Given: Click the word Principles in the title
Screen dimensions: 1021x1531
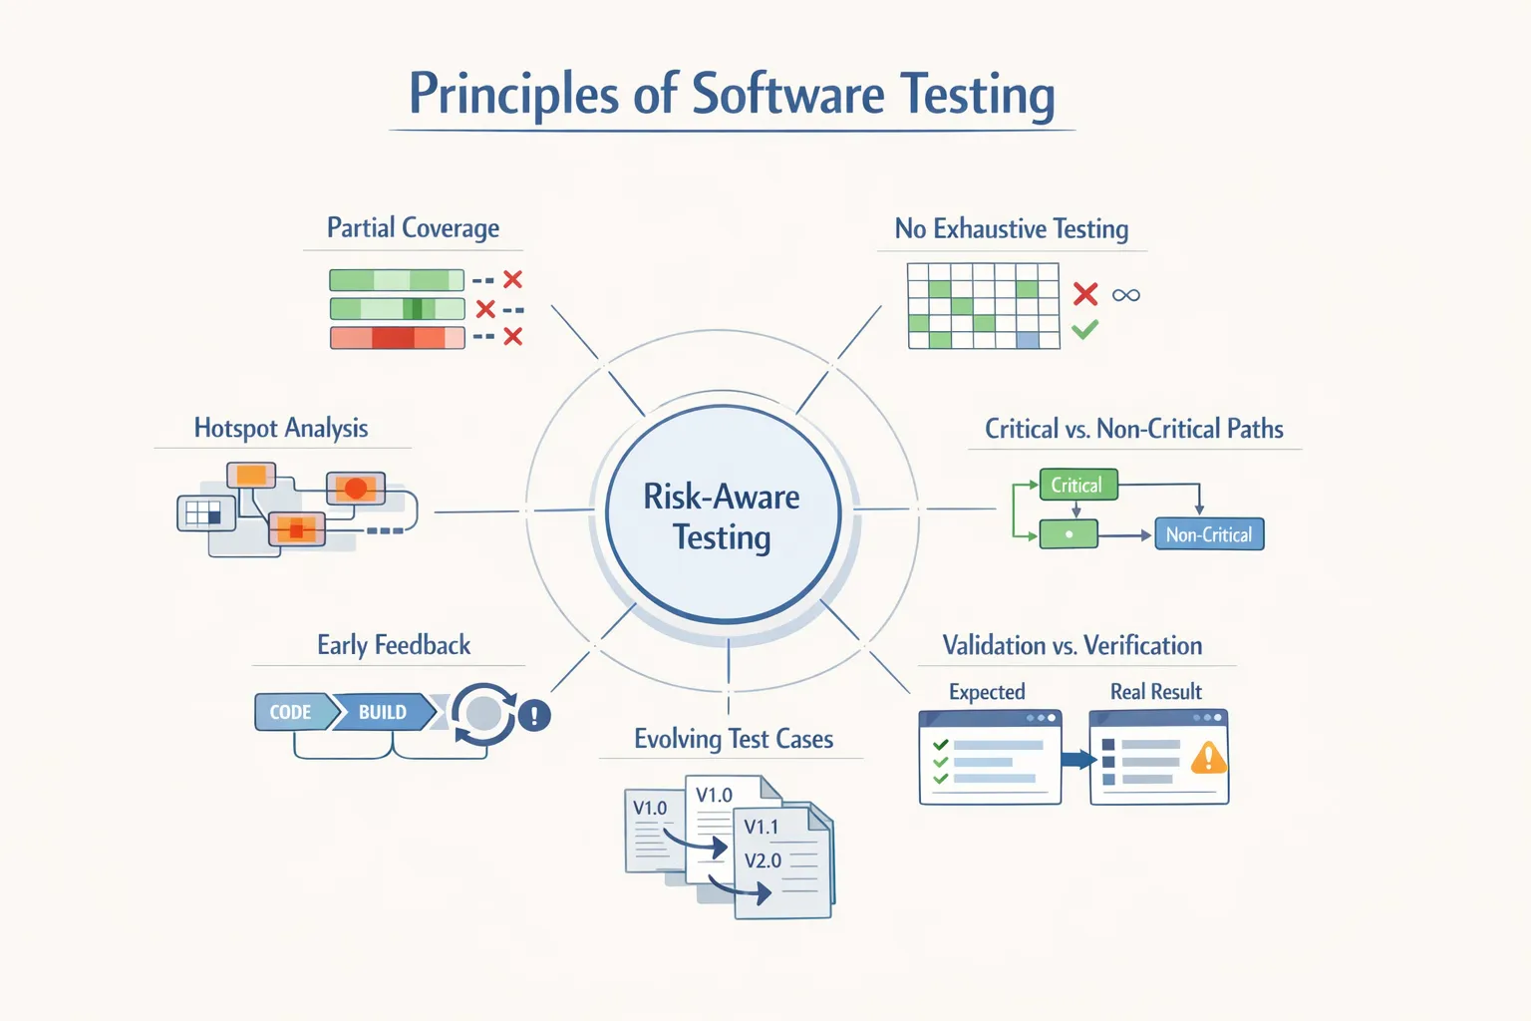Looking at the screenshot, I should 512,96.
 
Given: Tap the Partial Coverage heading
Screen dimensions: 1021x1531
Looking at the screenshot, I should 413,228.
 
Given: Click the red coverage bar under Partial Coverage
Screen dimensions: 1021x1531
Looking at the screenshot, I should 397,338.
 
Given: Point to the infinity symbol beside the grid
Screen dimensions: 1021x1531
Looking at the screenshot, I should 1125,295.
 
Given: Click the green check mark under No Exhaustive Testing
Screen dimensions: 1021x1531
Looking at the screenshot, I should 1085,329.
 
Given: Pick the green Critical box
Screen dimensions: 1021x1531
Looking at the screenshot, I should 1077,486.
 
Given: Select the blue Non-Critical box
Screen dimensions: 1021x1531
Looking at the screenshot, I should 1208,535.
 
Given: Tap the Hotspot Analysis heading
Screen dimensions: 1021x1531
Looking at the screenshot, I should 281,429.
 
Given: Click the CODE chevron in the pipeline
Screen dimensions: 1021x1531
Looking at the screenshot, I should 291,712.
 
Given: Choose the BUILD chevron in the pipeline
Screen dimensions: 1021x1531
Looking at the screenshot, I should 383,712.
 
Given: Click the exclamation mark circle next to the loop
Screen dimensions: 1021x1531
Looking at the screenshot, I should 534,715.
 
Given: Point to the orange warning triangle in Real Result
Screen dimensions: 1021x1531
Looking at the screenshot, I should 1208,759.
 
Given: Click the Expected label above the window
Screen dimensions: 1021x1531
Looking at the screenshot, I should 987,692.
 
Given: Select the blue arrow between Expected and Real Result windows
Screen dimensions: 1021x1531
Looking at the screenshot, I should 1076,760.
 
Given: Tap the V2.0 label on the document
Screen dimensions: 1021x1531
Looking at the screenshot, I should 763,860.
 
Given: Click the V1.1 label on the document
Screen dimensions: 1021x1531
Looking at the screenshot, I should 762,827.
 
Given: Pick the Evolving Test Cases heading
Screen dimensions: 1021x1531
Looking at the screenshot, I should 734,739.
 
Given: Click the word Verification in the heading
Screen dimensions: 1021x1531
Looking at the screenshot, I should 1142,646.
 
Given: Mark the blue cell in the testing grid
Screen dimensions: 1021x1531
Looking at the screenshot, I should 1027,340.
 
